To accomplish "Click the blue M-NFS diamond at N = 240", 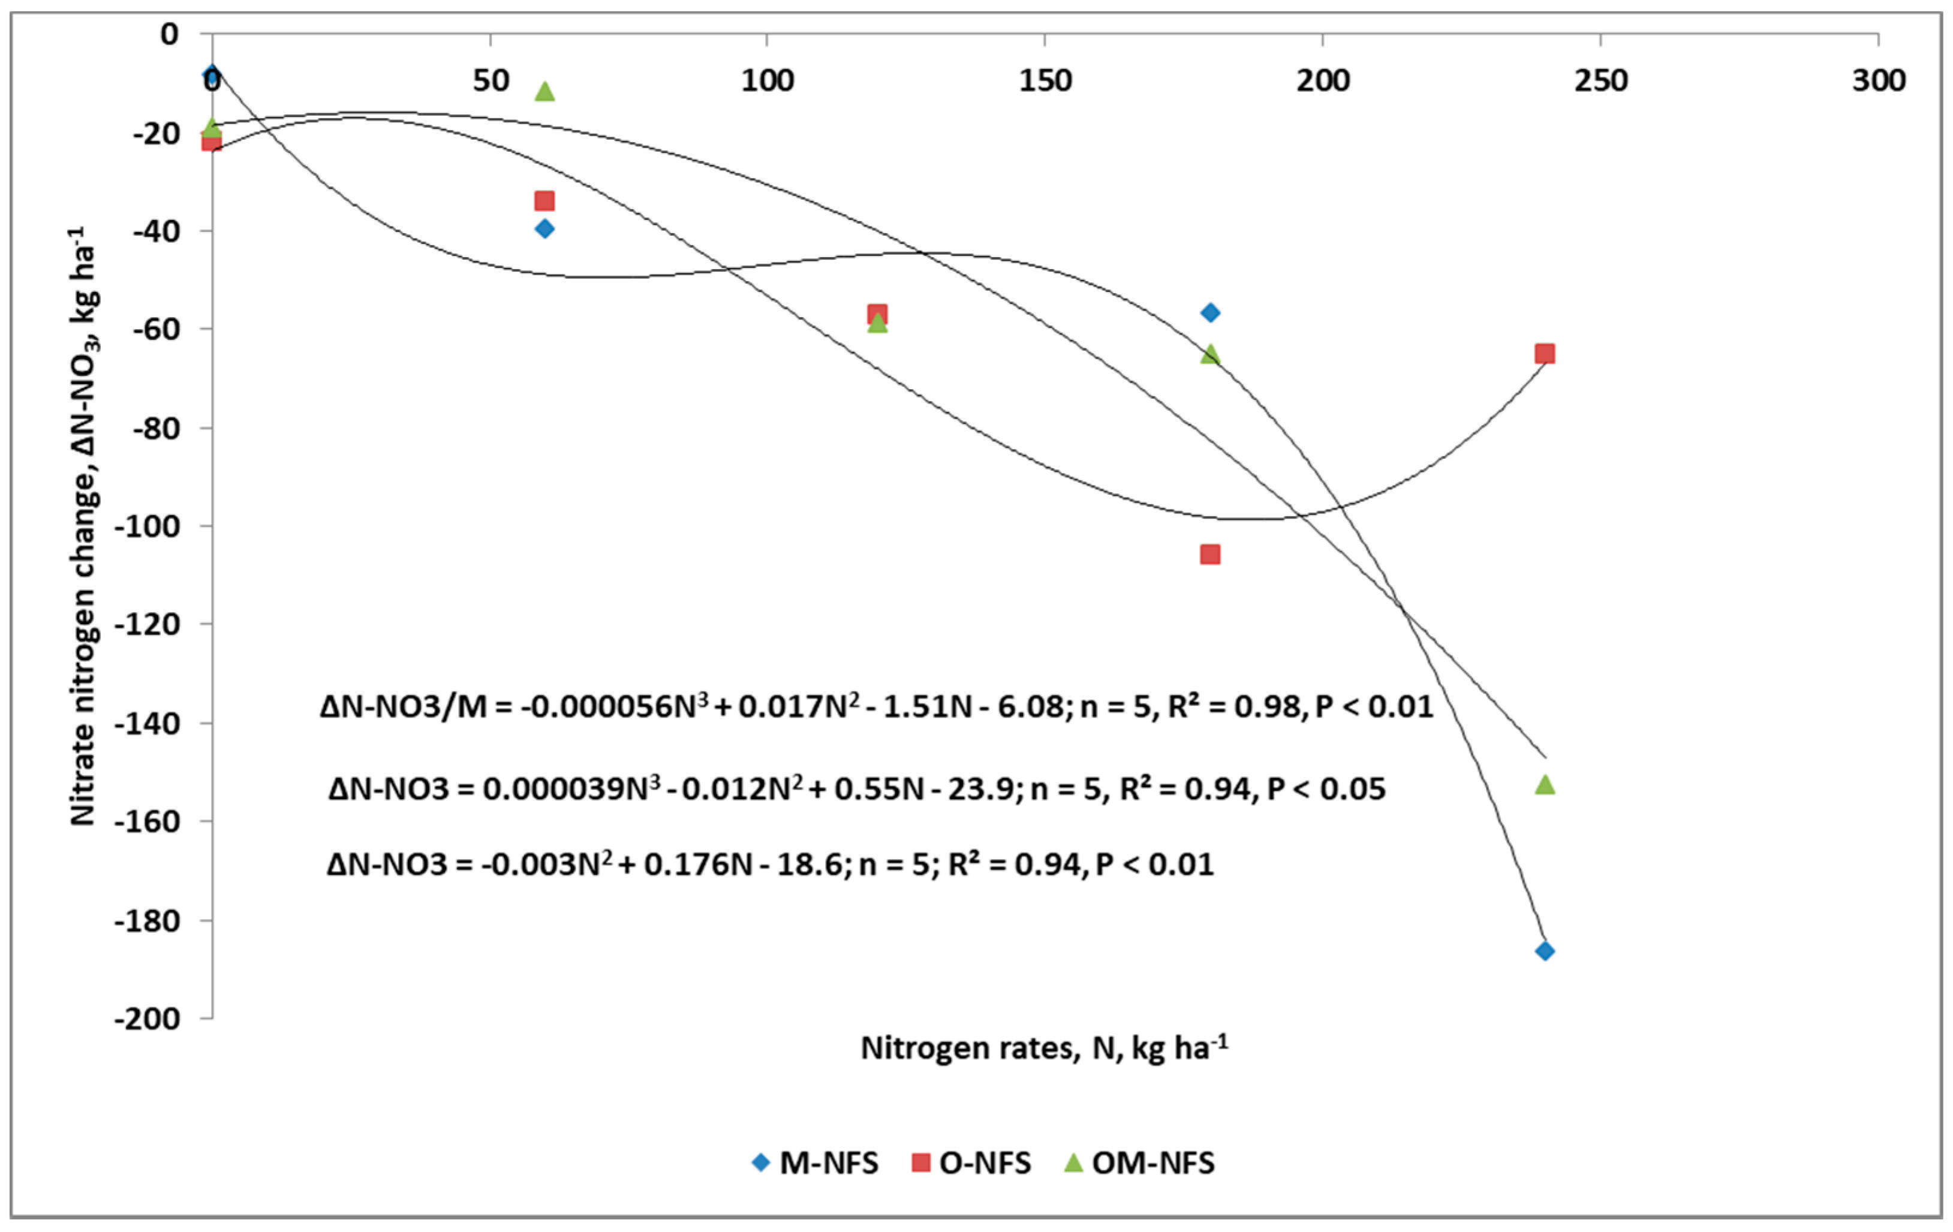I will point(1544,951).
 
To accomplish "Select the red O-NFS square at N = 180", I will point(1209,555).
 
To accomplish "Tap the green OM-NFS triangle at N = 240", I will point(1544,784).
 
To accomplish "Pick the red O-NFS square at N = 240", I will point(1544,354).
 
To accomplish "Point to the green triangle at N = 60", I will point(545,91).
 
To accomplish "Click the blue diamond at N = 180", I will point(1210,312).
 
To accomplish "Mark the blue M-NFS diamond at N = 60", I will point(545,229).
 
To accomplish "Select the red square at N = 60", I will point(545,200).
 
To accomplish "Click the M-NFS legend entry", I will point(815,1163).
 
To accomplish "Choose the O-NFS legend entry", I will point(971,1163).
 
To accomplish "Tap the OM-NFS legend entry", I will point(1139,1163).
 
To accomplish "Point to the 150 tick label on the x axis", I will point(1045,81).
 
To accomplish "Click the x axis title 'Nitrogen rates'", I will point(1044,1048).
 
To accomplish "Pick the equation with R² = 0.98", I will point(876,706).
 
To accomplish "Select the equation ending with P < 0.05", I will point(856,788).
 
